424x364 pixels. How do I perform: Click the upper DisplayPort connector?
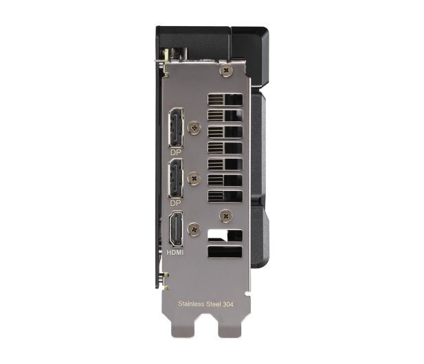coord(176,128)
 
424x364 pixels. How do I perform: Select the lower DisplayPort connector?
coord(176,179)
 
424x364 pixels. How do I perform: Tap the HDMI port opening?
coord(175,229)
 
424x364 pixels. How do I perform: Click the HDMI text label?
coord(175,252)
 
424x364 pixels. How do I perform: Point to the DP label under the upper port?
coord(175,152)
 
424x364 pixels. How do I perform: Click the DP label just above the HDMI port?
coord(175,203)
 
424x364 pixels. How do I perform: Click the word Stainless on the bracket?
coord(191,304)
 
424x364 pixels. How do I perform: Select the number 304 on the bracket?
coord(228,304)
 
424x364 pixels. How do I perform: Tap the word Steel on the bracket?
coord(214,304)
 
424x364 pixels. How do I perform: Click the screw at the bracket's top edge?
coord(226,71)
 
